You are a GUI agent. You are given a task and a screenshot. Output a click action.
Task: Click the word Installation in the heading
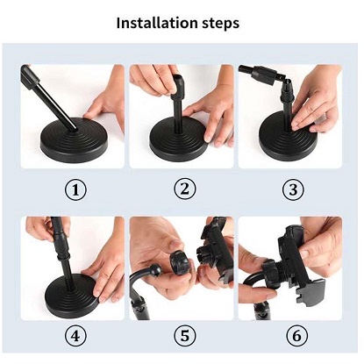pos(157,23)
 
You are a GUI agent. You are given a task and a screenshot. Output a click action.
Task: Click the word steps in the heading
pos(220,24)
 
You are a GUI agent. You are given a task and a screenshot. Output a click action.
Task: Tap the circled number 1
pos(75,190)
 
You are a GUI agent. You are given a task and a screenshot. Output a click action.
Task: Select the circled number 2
pos(185,189)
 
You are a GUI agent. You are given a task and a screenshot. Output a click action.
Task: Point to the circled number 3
pos(293,189)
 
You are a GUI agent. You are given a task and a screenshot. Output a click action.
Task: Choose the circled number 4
pos(75,335)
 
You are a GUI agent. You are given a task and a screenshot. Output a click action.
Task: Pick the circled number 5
pos(185,335)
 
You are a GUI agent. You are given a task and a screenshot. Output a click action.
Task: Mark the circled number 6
pos(296,335)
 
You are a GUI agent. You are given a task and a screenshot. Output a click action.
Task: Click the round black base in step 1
pos(75,139)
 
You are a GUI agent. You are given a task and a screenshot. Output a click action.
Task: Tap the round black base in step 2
pos(179,142)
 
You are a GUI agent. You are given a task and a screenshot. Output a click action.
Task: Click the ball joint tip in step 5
pos(156,270)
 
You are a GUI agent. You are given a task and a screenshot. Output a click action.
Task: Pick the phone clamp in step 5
pos(216,252)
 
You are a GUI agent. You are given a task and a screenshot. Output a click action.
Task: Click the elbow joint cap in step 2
pos(178,85)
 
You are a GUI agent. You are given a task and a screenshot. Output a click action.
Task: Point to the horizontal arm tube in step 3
pos(257,74)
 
